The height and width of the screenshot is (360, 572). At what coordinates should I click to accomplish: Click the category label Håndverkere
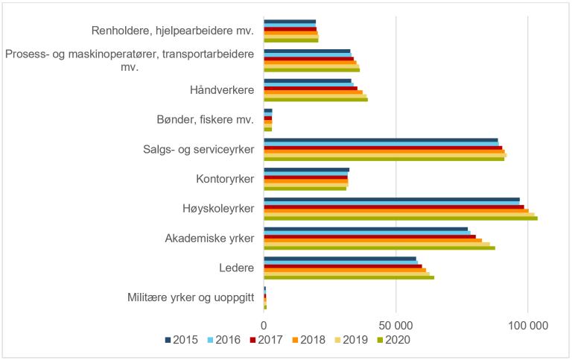click(222, 90)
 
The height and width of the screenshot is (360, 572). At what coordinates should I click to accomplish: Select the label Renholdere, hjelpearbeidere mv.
click(173, 31)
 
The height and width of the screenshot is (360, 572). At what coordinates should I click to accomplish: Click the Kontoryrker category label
click(225, 179)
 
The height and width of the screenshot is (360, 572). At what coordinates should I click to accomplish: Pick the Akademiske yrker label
click(209, 239)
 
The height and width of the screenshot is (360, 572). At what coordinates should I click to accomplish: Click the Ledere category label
click(237, 268)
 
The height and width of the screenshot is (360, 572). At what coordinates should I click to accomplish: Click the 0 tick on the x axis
click(264, 325)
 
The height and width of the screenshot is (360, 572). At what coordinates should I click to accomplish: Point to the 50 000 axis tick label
click(395, 325)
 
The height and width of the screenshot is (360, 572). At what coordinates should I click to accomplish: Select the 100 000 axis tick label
click(527, 325)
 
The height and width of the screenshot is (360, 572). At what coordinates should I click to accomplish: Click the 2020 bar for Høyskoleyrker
click(400, 218)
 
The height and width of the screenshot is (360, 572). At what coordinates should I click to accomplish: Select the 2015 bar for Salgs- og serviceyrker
click(381, 139)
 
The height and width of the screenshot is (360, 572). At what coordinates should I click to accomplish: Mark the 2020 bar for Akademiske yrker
click(379, 248)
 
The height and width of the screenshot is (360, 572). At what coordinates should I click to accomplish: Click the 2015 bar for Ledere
click(340, 258)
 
